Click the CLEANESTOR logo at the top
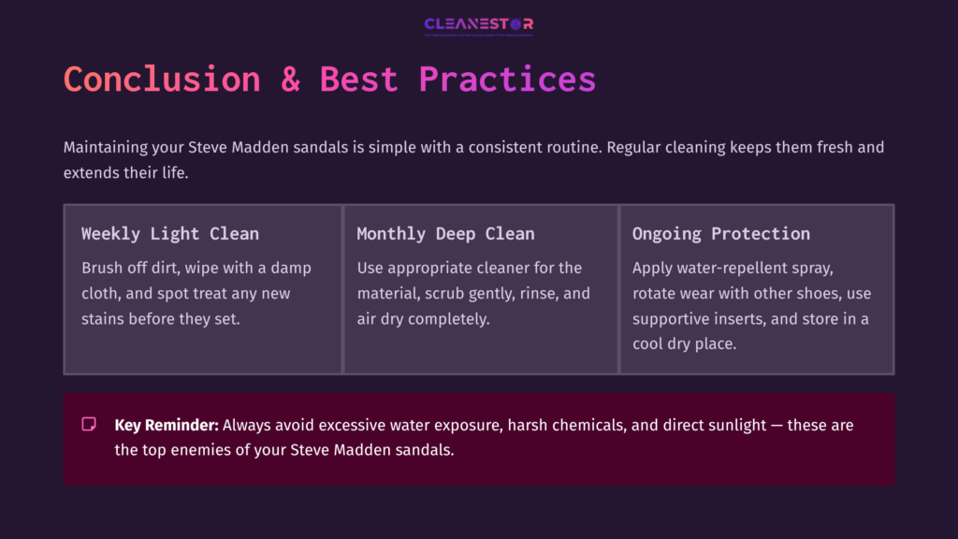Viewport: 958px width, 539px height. click(478, 24)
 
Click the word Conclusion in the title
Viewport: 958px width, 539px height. click(161, 79)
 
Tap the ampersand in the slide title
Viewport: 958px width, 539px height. click(290, 79)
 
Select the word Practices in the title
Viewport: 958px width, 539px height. click(506, 79)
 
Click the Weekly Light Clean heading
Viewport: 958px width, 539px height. click(169, 234)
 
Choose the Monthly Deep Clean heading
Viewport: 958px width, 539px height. click(445, 234)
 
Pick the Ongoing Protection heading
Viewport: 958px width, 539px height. click(720, 234)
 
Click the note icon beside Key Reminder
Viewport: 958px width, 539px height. click(89, 425)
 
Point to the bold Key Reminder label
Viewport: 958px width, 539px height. click(167, 425)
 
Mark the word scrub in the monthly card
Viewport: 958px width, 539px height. click(454, 294)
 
